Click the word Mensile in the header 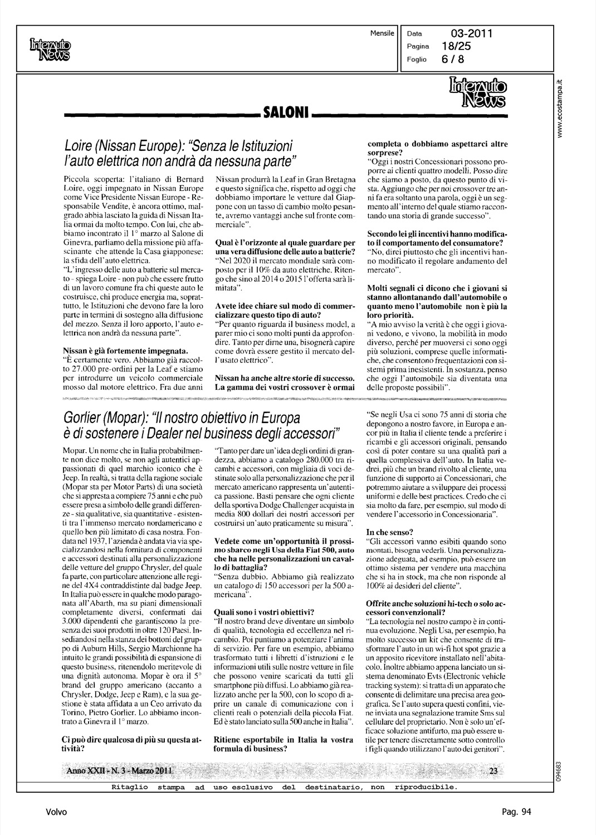coord(382,33)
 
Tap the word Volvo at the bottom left coord(57,812)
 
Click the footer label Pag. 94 coord(516,812)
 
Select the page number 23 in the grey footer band coord(493,770)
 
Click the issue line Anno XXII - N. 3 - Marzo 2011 coord(119,770)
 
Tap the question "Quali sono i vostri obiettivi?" coord(265,611)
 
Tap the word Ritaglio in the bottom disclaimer coord(130,787)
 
